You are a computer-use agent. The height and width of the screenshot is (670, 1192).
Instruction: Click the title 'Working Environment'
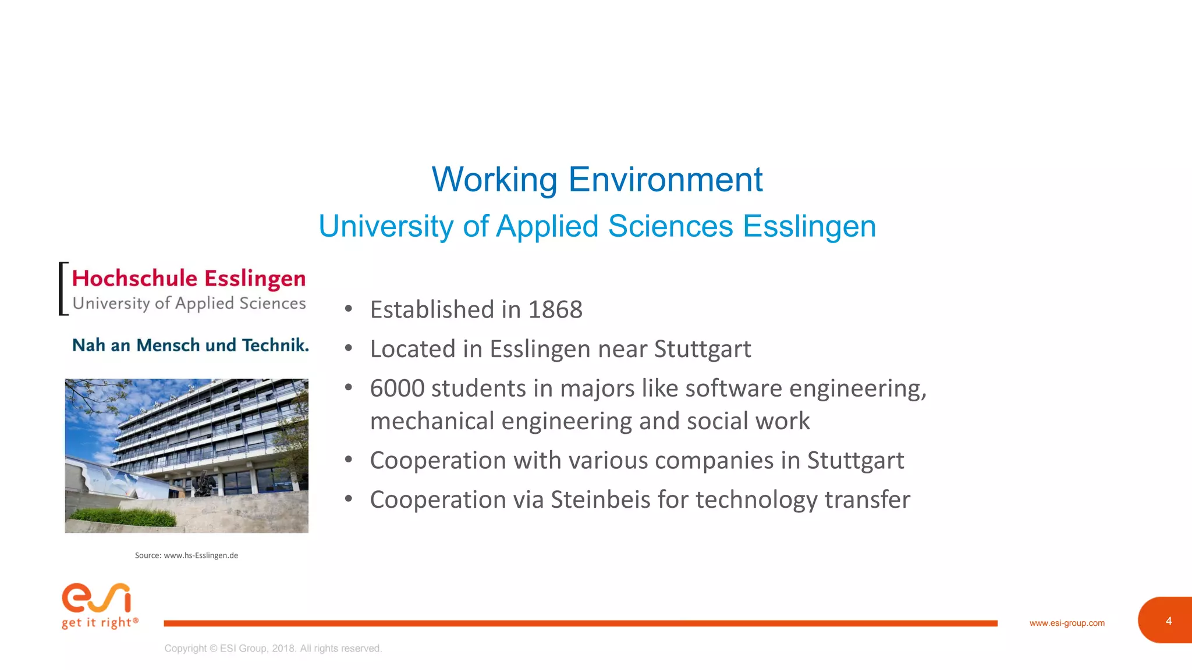(597, 179)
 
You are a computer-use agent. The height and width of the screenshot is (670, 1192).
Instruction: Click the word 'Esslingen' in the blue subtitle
(809, 226)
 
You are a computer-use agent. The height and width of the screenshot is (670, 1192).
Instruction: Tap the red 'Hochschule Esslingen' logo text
(189, 279)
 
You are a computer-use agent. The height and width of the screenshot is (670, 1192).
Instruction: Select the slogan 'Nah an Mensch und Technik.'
(190, 345)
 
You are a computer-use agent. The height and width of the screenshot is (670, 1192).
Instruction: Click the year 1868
(555, 309)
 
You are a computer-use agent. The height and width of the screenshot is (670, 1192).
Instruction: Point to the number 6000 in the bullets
(397, 389)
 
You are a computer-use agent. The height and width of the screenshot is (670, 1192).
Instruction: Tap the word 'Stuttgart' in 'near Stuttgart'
(703, 349)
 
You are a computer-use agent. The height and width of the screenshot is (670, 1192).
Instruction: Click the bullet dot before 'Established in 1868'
(348, 309)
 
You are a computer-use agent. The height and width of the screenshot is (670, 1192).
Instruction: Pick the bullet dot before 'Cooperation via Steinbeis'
(348, 498)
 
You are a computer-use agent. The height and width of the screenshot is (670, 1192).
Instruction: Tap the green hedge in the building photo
(125, 516)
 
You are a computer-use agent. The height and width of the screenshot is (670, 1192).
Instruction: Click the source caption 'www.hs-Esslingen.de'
(201, 555)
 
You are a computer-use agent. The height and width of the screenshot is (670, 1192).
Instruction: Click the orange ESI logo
(97, 598)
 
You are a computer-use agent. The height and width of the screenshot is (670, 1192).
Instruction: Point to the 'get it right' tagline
(100, 623)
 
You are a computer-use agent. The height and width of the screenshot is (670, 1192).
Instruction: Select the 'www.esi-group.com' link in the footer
(1067, 623)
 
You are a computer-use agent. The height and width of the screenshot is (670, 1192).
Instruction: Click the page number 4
(1168, 621)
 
